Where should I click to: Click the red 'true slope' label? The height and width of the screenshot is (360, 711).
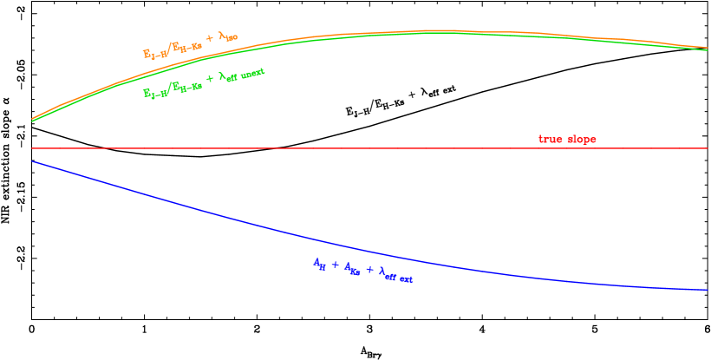567,140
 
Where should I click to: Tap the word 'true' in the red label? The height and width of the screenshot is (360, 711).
551,140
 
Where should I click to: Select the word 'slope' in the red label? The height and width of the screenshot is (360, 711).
581,140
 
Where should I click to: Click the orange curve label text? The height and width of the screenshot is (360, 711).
191,45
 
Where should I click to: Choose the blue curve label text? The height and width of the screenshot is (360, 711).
362,270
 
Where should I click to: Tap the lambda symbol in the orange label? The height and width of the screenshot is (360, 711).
221,38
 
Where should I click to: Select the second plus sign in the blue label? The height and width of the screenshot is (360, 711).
369,271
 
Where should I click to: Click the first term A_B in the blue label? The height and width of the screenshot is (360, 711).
320,264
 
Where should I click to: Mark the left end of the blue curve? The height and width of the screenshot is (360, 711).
32,161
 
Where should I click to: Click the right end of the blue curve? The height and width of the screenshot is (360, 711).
708,290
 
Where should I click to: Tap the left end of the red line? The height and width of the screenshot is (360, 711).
32,148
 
